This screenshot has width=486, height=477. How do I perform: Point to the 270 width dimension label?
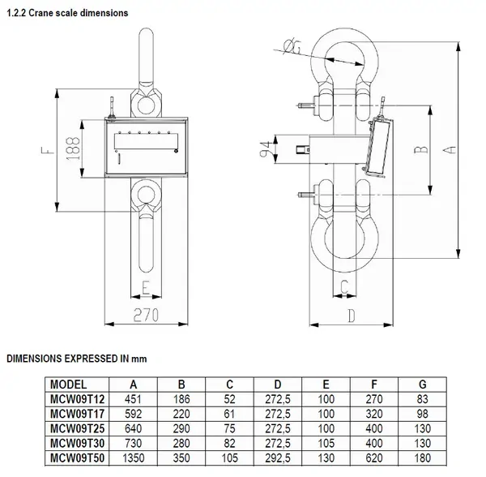tap(145, 313)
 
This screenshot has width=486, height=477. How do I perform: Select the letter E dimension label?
tap(145, 286)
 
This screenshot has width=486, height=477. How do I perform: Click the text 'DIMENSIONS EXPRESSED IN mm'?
tap(76, 358)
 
